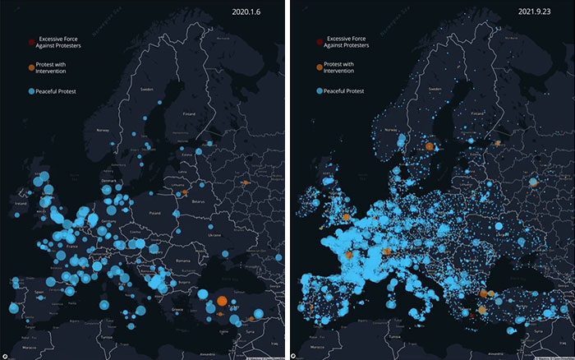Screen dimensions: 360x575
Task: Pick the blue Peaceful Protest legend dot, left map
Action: (31, 91)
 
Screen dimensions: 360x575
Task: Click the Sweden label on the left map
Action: (147, 89)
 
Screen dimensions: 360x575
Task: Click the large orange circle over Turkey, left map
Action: (221, 300)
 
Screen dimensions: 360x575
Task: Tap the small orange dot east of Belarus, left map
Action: (245, 182)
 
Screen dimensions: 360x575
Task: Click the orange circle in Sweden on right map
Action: (428, 147)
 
